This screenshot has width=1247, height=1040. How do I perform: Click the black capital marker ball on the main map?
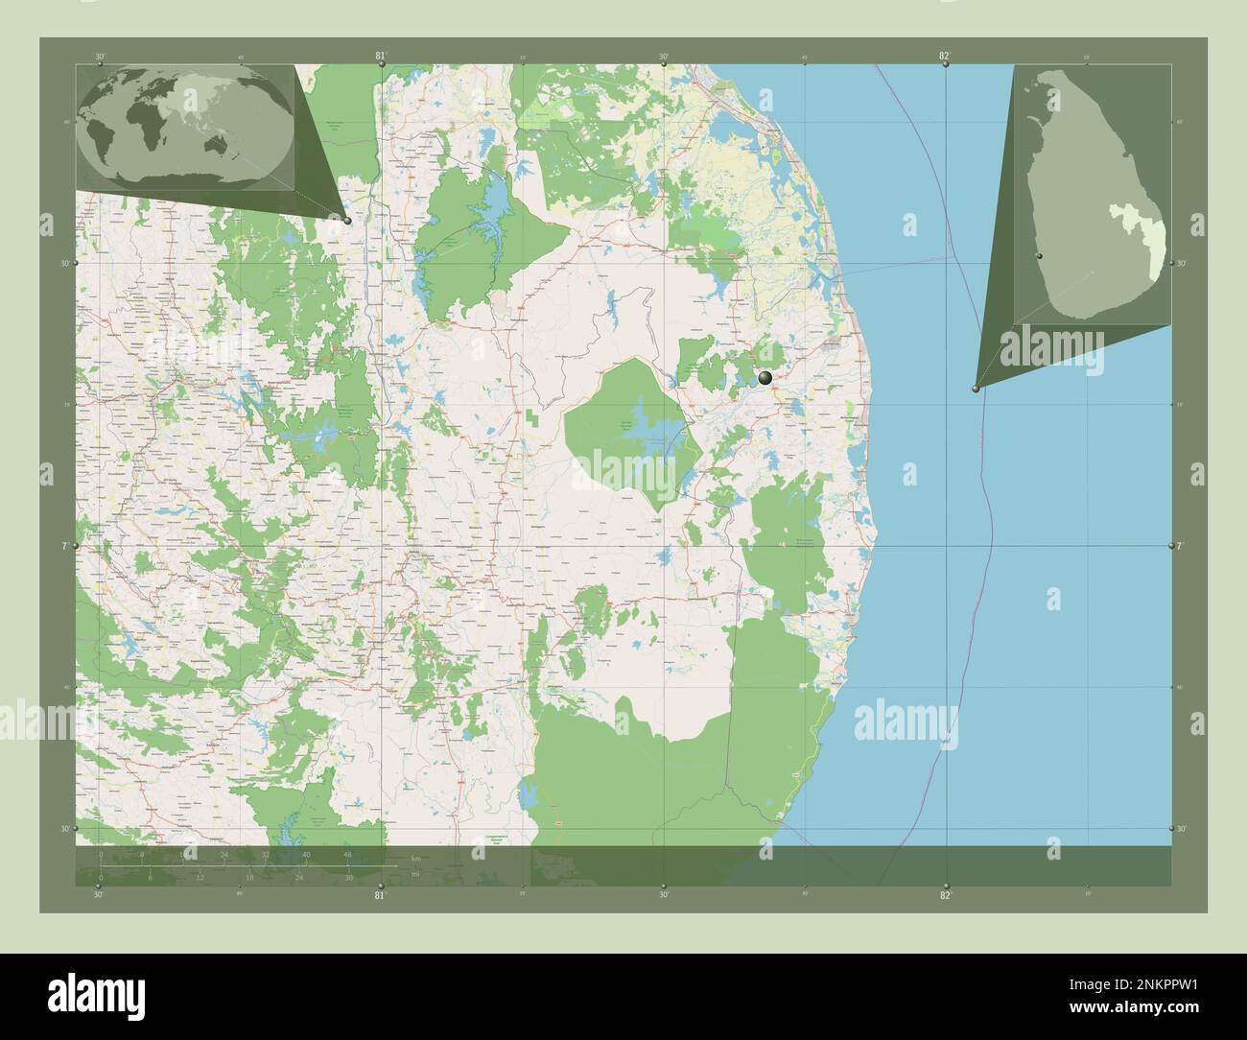pos(765,379)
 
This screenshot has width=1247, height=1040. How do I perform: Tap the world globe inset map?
pos(187,126)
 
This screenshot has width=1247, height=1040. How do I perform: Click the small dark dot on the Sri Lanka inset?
pos(1038,257)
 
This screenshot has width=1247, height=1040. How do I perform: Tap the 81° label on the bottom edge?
pos(380,895)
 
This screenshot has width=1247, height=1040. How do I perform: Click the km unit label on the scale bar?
pos(415,858)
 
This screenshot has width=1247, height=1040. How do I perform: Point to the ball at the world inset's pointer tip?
pos(347,220)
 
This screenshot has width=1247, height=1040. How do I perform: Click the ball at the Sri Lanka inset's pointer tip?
pos(975,389)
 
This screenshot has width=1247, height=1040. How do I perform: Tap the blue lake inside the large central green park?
pos(652,438)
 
